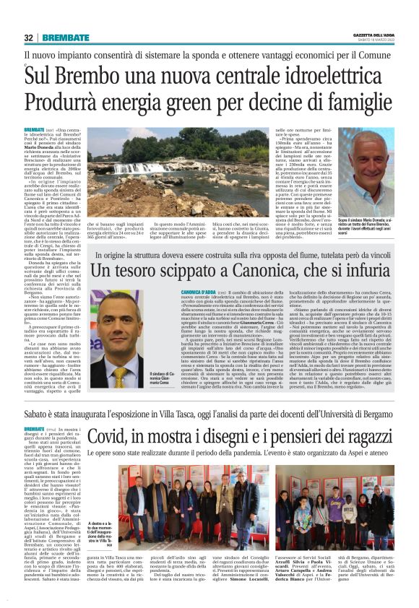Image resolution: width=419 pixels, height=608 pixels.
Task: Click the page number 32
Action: (x=29, y=38)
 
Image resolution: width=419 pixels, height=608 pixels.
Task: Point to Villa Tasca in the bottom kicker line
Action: (x=182, y=414)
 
